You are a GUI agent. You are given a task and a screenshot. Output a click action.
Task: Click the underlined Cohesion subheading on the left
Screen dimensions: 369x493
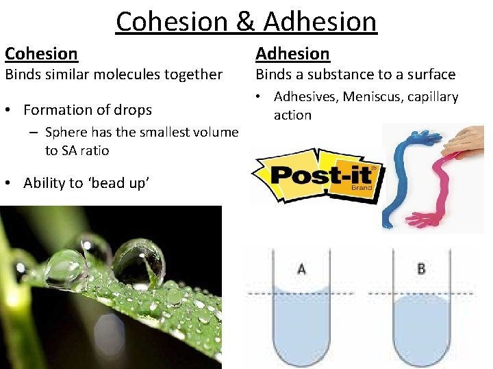[x=41, y=53]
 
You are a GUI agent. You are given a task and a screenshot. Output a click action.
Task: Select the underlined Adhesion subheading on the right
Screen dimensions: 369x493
[x=292, y=53]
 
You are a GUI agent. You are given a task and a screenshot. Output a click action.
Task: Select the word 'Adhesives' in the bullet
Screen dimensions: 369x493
[x=304, y=97]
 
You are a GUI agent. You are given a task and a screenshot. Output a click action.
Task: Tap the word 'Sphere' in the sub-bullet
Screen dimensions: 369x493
[x=66, y=133]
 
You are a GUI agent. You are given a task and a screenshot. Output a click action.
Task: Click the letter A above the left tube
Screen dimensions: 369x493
[x=302, y=269]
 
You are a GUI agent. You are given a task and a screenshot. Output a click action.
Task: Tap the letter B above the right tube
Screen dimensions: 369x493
[x=421, y=269]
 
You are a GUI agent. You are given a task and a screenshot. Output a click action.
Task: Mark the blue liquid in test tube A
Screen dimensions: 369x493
[x=302, y=321]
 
